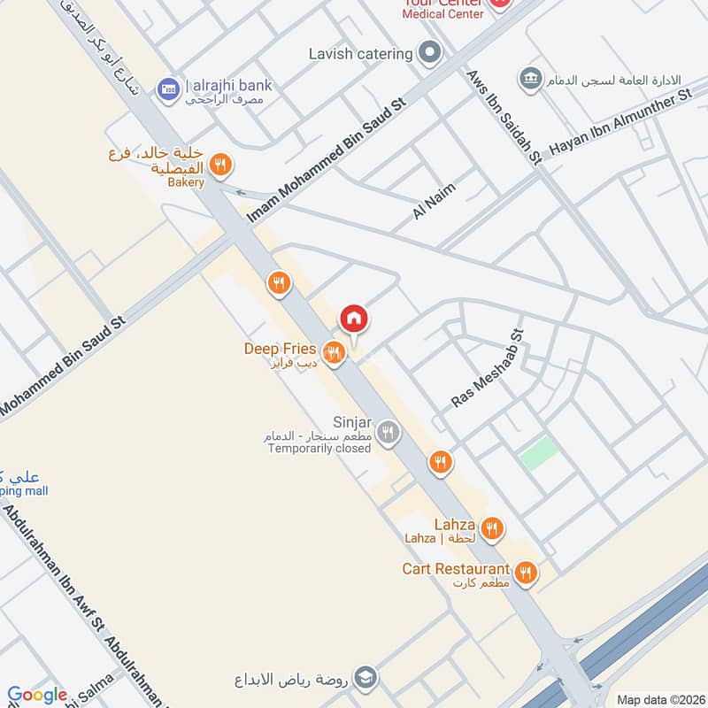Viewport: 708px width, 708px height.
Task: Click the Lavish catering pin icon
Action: pyautogui.click(x=430, y=53)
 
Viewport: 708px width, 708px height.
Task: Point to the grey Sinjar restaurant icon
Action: pyautogui.click(x=387, y=433)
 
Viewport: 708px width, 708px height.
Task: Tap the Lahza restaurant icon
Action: pyautogui.click(x=492, y=529)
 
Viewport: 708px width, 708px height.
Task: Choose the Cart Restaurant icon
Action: pyautogui.click(x=527, y=573)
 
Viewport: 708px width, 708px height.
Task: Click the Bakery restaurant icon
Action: pyautogui.click(x=221, y=164)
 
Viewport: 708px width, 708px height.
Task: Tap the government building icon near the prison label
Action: pyautogui.click(x=531, y=78)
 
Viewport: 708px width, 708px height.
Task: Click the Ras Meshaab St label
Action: pyautogui.click(x=489, y=369)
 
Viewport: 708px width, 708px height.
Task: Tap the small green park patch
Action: pyautogui.click(x=538, y=453)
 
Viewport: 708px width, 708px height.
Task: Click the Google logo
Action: pyautogui.click(x=37, y=695)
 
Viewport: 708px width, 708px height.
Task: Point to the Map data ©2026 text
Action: pyautogui.click(x=659, y=699)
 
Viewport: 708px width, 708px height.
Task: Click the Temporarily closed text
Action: pyautogui.click(x=319, y=449)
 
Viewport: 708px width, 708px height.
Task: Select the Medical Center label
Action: pyautogui.click(x=443, y=13)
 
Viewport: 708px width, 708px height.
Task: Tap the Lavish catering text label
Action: pyautogui.click(x=361, y=54)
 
